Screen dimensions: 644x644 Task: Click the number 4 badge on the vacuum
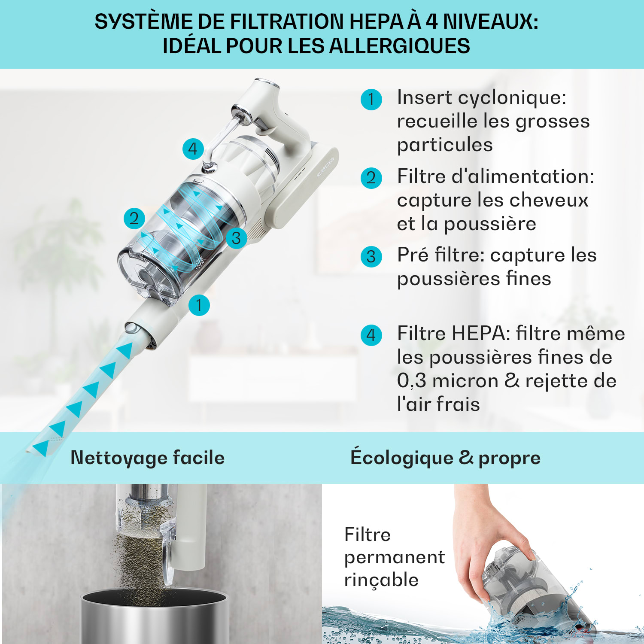[x=193, y=149]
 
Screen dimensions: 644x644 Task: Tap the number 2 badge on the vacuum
[x=134, y=218]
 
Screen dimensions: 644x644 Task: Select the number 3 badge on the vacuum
[x=236, y=238]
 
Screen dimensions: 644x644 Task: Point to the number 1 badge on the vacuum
[x=199, y=305]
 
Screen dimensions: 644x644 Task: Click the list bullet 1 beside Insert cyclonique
[x=371, y=100]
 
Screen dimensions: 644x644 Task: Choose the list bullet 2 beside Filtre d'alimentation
[x=371, y=178]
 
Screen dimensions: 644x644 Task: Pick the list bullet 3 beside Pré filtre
[x=371, y=257]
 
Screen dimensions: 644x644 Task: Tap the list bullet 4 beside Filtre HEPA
[x=371, y=335]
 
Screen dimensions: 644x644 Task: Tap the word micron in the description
[x=465, y=381]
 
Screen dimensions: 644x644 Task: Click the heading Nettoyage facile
[x=148, y=458]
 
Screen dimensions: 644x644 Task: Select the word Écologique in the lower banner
[x=402, y=457]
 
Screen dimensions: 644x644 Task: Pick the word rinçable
[x=381, y=580]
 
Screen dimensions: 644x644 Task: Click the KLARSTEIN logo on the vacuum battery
[x=325, y=167]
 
